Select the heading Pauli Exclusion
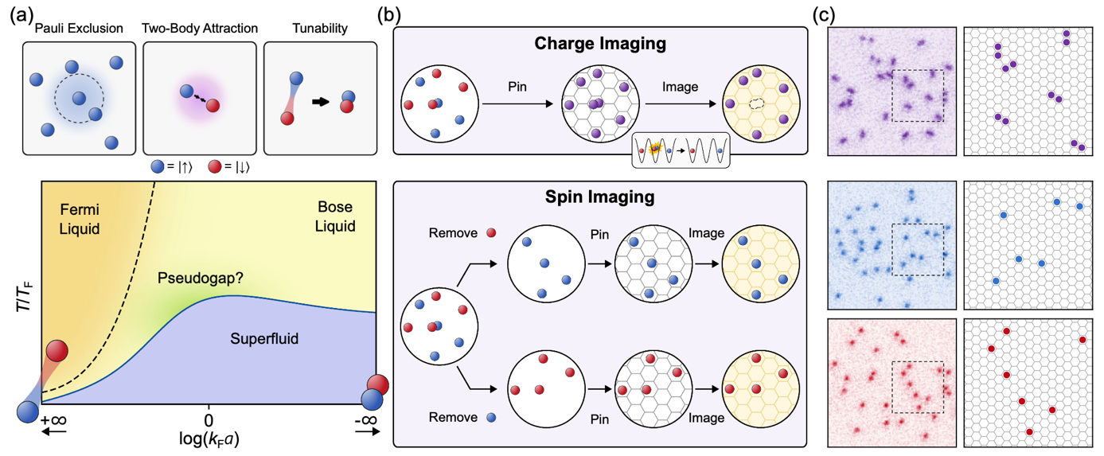[x=79, y=29]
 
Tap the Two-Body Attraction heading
[x=200, y=29]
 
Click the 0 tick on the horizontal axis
[x=209, y=419]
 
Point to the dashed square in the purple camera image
[x=917, y=95]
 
